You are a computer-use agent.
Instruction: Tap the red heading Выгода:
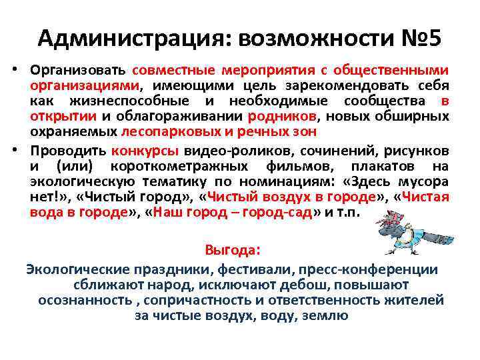pos(233,251)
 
